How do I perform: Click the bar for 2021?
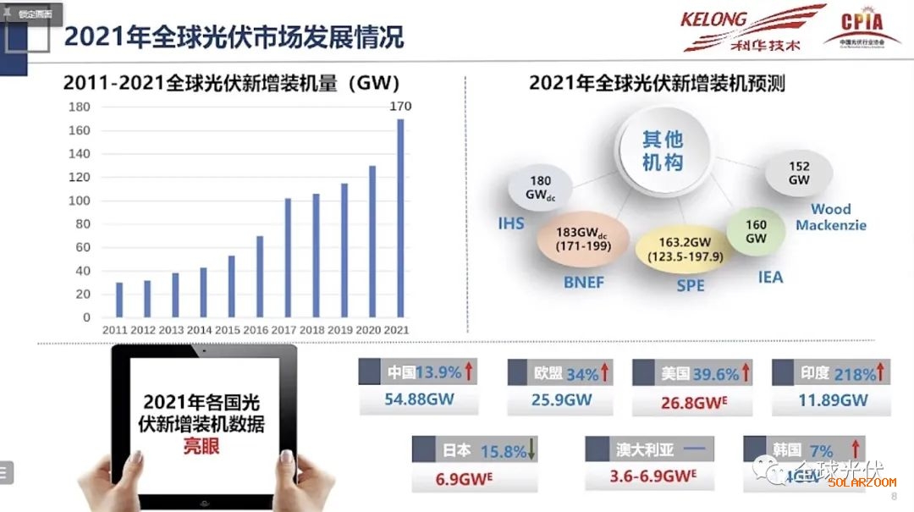(x=400, y=218)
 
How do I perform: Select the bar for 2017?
(x=288, y=258)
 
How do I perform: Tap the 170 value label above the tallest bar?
(x=400, y=106)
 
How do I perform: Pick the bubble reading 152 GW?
(x=799, y=173)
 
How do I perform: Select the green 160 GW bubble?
(x=756, y=232)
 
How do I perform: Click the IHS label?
(x=511, y=224)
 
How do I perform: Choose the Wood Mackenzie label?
(x=831, y=217)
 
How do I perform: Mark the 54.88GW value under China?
(x=420, y=399)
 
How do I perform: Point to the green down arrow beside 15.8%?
(x=531, y=450)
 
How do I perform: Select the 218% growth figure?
(x=855, y=373)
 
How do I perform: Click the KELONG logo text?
(x=713, y=19)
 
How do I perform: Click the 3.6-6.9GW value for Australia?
(x=652, y=476)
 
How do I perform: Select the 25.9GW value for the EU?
(x=561, y=399)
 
